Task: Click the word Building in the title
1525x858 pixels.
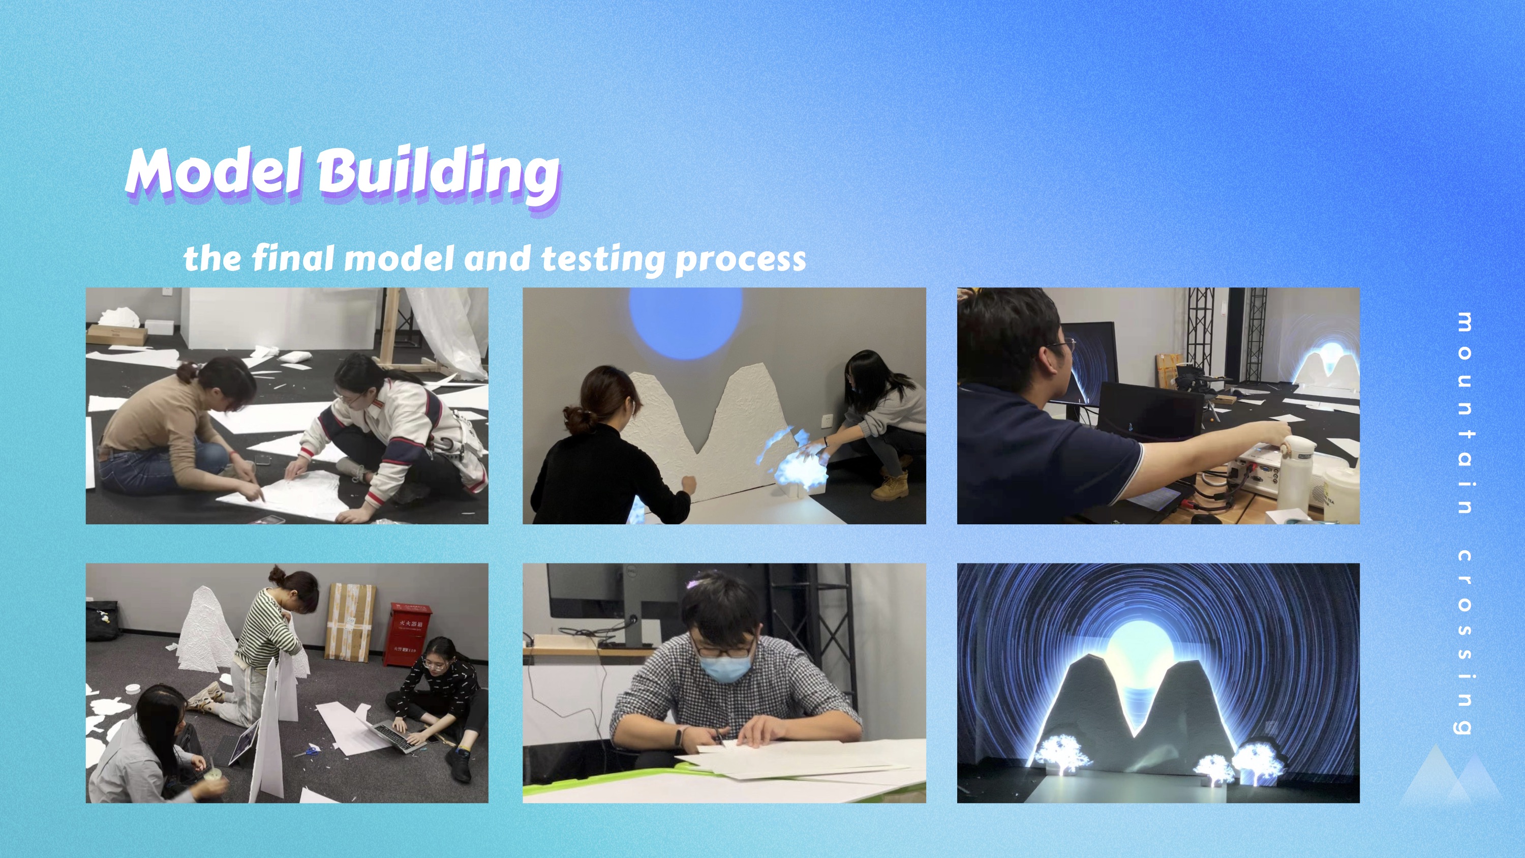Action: [x=439, y=173]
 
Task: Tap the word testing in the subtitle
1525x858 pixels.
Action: [x=604, y=259]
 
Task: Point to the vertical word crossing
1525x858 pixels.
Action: [x=1465, y=642]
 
